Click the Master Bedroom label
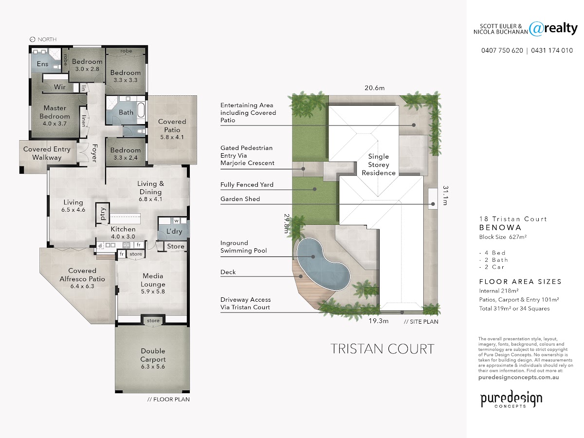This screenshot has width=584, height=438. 55,112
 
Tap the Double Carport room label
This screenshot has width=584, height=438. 153,355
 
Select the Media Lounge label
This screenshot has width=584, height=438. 153,280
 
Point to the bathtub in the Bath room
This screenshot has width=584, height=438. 141,110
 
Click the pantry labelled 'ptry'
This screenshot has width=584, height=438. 102,214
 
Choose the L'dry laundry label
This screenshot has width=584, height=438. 174,231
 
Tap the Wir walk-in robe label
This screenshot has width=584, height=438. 59,87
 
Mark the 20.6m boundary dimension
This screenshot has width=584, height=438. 375,88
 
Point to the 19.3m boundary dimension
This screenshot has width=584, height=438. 378,321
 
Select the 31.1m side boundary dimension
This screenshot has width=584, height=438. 445,196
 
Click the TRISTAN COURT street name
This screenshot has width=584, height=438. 383,349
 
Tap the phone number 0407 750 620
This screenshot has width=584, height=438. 502,51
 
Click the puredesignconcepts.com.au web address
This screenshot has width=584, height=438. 519,377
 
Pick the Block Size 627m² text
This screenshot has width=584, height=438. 503,237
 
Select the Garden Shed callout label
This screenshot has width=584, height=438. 240,199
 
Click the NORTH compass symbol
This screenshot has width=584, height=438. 33,39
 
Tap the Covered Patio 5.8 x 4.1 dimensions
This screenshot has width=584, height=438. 172,137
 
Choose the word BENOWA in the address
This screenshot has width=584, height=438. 500,228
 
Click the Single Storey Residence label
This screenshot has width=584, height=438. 379,164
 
